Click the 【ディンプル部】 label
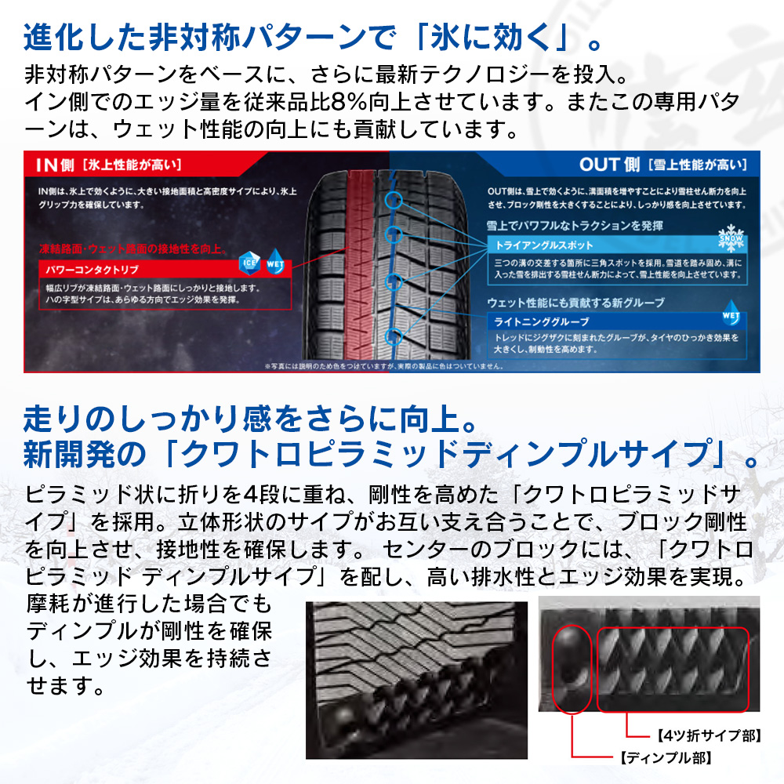tap(666, 758)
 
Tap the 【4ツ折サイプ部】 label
tap(704, 736)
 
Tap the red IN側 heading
tap(56, 165)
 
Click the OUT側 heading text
tap(610, 165)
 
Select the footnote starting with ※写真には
tap(383, 365)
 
